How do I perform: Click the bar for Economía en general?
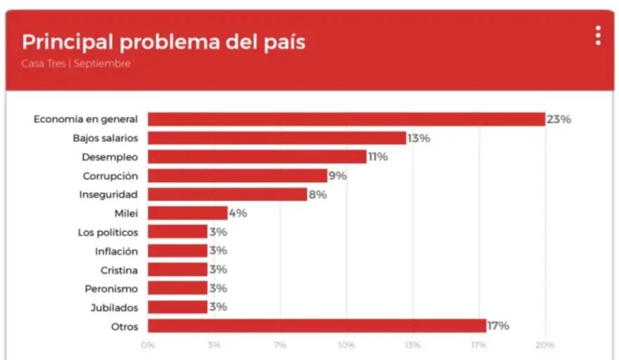pyautogui.click(x=346, y=119)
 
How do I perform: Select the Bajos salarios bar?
pyautogui.click(x=276, y=138)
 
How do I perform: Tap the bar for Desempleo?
pyautogui.click(x=257, y=157)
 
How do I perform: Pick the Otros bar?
pyautogui.click(x=317, y=326)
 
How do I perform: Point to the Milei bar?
pyautogui.click(x=187, y=213)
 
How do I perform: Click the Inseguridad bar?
pyautogui.click(x=227, y=195)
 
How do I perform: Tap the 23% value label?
pyautogui.click(x=559, y=120)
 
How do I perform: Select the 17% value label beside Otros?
pyautogui.click(x=498, y=326)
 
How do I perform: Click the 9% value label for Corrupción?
pyautogui.click(x=338, y=176)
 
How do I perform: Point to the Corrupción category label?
pyautogui.click(x=110, y=176)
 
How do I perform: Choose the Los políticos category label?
pyautogui.click(x=108, y=232)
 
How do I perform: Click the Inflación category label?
pyautogui.click(x=116, y=251)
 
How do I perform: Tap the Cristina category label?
pyautogui.click(x=119, y=270)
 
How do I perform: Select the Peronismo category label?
pyautogui.click(x=111, y=289)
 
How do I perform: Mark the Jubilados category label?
pyautogui.click(x=114, y=307)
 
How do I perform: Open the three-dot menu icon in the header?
pyautogui.click(x=598, y=36)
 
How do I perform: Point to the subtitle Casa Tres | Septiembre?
pyautogui.click(x=76, y=64)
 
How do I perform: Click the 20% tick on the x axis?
pyautogui.click(x=545, y=345)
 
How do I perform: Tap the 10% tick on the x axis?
pyautogui.click(x=346, y=345)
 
